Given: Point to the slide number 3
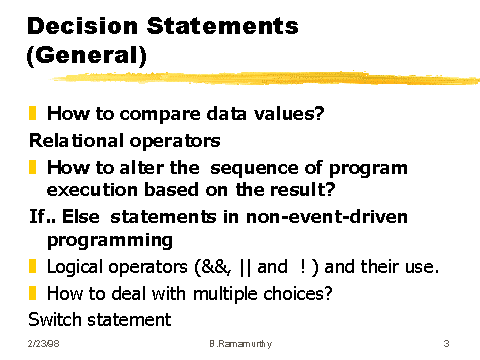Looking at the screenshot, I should [x=446, y=344].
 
